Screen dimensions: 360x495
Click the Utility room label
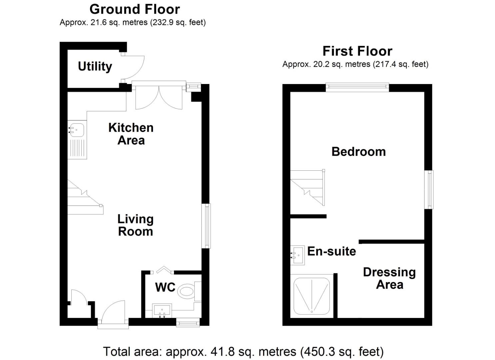[95, 66]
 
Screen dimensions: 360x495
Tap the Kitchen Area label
[131, 134]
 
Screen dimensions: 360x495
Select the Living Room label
[135, 225]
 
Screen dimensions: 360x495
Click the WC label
[165, 287]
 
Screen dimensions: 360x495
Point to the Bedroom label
[359, 152]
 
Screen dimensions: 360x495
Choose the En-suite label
[331, 251]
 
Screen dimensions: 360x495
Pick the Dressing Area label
[389, 278]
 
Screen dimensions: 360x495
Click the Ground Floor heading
[135, 9]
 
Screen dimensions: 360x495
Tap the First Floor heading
[357, 51]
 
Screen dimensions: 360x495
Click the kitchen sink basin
[77, 130]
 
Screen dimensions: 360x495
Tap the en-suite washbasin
[297, 255]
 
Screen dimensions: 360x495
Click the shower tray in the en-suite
[312, 296]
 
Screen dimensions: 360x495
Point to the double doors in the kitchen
[159, 97]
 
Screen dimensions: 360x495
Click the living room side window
[207, 226]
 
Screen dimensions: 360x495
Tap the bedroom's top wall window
[357, 87]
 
